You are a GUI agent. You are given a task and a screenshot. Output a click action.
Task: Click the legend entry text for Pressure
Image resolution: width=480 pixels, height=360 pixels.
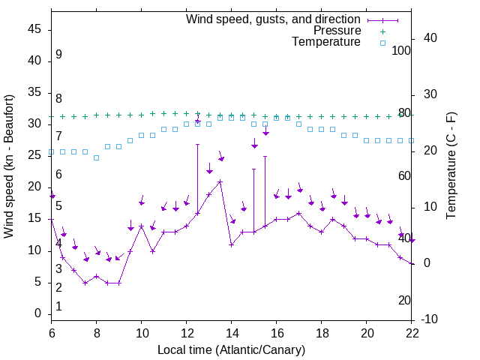tap(337, 31)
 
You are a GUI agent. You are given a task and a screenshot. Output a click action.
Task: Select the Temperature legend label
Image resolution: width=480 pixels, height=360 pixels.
tap(326, 43)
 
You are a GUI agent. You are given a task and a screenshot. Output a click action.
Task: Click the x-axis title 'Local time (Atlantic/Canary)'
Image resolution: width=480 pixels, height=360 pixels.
tap(231, 350)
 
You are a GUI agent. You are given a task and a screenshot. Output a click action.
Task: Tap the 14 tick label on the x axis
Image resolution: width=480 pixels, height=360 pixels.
tap(232, 334)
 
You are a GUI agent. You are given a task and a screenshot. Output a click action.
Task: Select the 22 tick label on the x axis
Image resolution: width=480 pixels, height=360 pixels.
tap(412, 334)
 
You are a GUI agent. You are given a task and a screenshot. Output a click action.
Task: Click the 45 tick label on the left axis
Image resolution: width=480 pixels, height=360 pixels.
tap(34, 29)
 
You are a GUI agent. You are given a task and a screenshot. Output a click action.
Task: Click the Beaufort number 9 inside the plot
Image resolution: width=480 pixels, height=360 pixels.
tap(58, 55)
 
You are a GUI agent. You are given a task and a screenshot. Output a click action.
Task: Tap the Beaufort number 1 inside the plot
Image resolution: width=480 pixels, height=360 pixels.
tap(58, 306)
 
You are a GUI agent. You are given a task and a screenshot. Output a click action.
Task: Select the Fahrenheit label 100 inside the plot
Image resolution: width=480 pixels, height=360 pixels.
tap(402, 50)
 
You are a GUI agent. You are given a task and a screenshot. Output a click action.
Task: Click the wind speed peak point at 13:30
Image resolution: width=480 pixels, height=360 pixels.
tap(220, 181)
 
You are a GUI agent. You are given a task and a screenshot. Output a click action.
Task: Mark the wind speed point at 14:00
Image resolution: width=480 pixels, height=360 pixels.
tap(232, 244)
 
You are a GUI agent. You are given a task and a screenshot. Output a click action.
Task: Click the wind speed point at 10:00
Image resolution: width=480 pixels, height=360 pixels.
tap(142, 226)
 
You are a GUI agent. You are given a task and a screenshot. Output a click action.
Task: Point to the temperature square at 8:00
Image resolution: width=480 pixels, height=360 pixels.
tap(97, 157)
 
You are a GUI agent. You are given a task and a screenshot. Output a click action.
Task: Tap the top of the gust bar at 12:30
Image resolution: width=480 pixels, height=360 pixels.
tap(198, 144)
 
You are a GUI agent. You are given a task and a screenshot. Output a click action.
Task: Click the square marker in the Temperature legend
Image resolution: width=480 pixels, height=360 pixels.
tap(382, 43)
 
